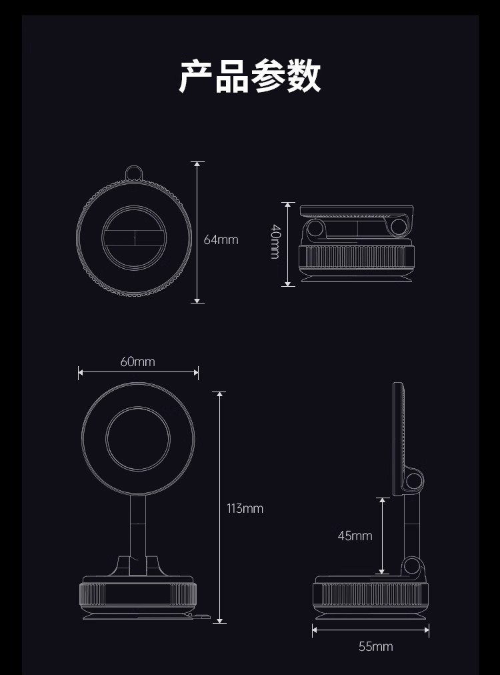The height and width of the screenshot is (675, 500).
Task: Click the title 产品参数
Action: coord(250,77)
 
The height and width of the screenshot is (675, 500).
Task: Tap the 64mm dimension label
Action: coord(221,239)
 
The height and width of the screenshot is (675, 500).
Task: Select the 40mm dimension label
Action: coord(275,241)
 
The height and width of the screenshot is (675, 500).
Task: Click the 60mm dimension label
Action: coord(137,362)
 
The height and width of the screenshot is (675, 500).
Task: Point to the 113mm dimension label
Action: coord(245,508)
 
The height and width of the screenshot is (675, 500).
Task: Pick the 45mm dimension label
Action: coord(355,536)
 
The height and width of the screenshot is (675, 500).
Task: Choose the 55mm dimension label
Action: coord(375,646)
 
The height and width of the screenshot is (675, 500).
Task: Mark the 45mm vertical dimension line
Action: coord(382,554)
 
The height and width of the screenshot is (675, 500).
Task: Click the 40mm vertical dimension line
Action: coord(288,267)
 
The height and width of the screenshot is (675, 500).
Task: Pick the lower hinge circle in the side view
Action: coord(414,568)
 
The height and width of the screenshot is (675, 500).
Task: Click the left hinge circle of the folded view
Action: coord(315,229)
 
